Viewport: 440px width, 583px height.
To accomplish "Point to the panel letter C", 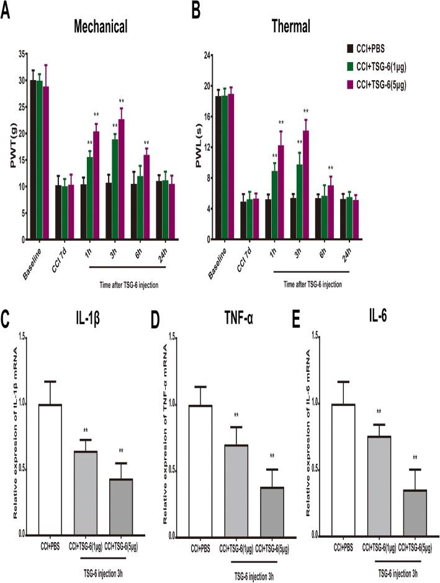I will pos(7,323).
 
